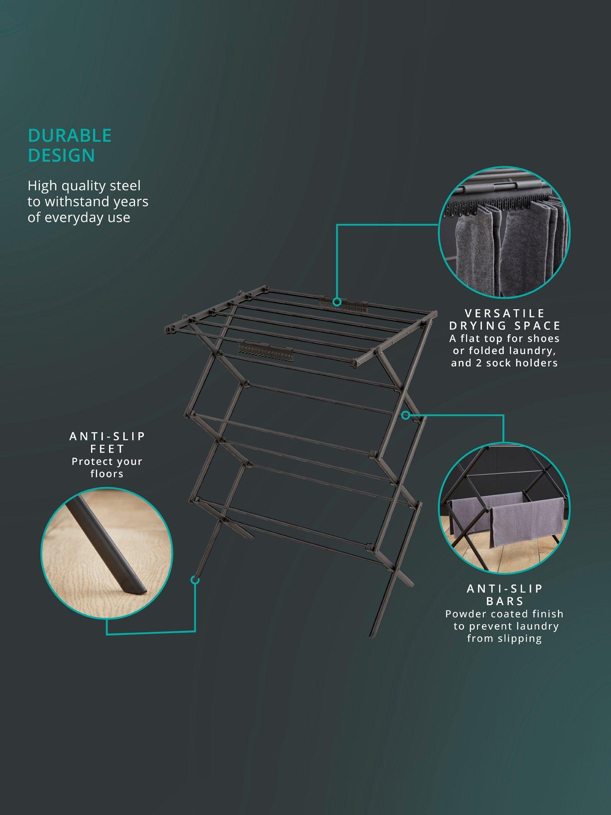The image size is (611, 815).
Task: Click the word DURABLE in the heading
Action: coord(69,135)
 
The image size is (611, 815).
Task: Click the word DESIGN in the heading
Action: coord(61,155)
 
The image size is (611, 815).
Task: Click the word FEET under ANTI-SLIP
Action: coord(107,449)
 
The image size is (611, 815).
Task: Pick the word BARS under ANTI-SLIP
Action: coord(505,601)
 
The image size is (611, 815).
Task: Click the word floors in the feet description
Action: coord(107,474)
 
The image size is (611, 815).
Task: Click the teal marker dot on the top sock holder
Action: coord(337,302)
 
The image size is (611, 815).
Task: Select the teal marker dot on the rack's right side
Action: coord(406,414)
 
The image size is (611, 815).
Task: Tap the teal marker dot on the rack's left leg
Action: coord(195,580)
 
